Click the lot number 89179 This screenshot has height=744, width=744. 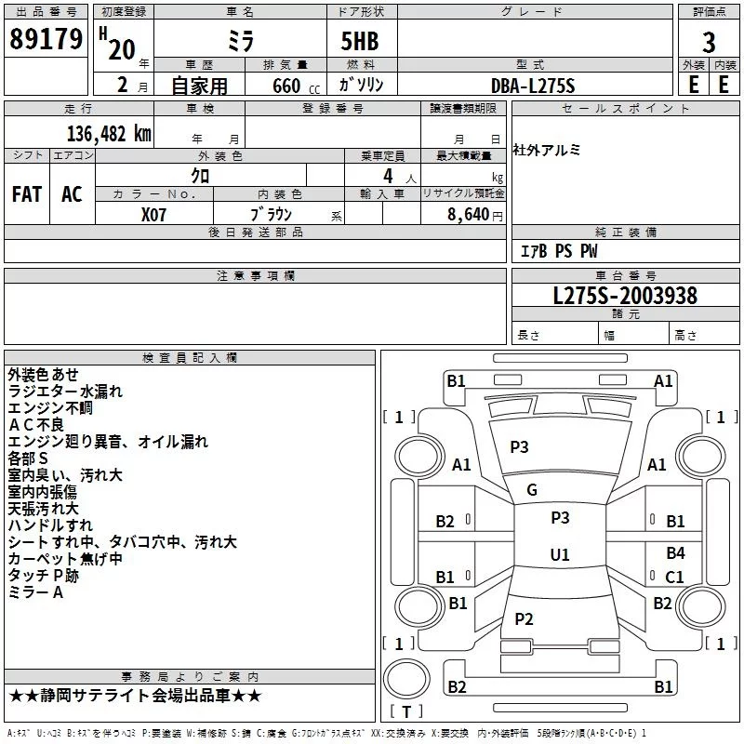pos(46,39)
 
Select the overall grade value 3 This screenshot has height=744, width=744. pos(709,43)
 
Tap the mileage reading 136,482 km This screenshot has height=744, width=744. pos(109,134)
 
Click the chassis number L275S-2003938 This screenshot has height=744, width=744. pos(625,296)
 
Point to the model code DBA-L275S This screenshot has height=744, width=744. pos(533,86)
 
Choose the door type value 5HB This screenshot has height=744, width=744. pos(360,41)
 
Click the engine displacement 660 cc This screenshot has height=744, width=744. pos(296,86)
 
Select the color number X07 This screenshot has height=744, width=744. pos(153,215)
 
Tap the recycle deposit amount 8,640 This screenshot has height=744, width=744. pos(468,215)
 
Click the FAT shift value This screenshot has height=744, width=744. pos(27,194)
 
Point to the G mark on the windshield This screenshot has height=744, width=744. pos(532,490)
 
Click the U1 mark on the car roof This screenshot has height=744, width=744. pos(560,554)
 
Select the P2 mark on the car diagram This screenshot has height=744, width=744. pos(524,618)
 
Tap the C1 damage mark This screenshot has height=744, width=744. pos(674,577)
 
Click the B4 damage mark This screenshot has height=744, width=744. pos(675,552)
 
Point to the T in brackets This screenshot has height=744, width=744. pos(406,711)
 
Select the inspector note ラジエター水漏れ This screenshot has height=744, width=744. pos(65,392)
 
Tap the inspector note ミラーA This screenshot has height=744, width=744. pos(35,592)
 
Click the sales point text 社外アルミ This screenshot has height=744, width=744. pos(546,150)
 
